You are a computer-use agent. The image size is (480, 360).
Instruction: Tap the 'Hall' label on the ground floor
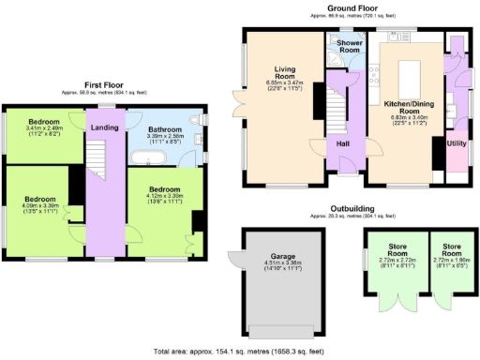click(343, 143)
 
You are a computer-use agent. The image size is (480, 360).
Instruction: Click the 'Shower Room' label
click(351, 45)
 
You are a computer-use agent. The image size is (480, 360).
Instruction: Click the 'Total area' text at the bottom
click(240, 351)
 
